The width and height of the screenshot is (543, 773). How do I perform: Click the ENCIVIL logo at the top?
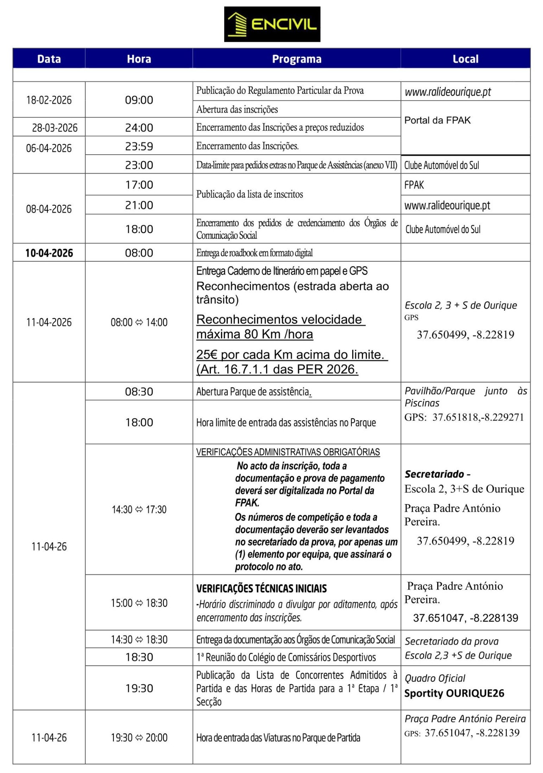272,24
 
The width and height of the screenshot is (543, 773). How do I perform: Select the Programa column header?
297,59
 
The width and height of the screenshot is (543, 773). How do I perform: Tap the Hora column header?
139,59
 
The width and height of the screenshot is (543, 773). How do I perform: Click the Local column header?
465,59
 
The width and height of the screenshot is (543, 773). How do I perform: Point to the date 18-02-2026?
49,100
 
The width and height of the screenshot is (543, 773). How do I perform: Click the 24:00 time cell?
139,128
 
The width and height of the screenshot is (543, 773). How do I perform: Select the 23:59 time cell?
139,146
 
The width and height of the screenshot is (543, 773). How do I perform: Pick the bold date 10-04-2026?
49,253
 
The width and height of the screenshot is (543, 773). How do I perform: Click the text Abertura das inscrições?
237,110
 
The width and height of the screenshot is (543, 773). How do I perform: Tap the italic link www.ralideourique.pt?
448,92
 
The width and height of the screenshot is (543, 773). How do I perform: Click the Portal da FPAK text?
437,120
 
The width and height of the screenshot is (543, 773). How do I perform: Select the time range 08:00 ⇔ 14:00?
139,322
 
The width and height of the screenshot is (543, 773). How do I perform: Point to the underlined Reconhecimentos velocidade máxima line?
280,327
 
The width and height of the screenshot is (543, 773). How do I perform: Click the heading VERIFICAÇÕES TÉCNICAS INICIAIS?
262,589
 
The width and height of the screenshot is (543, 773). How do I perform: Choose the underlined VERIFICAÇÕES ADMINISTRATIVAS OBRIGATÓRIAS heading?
288,452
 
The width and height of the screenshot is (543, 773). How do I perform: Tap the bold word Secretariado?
434,474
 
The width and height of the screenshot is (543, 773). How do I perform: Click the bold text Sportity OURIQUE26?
454,693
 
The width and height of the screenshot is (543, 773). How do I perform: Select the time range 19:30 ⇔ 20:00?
139,738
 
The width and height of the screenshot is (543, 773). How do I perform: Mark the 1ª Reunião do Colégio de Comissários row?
286,657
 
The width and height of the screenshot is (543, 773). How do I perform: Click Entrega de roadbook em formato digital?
254,253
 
